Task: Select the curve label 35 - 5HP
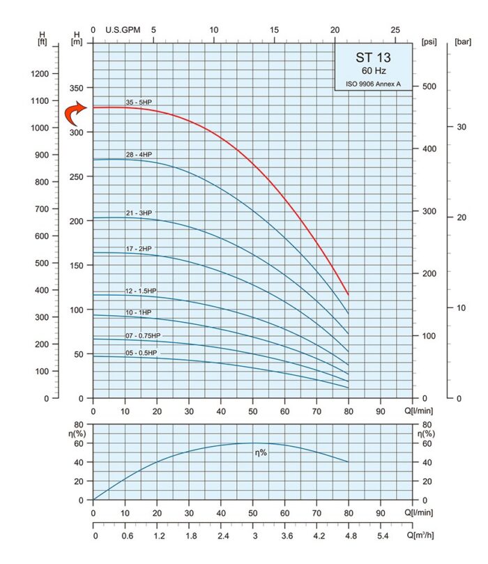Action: coord(138,102)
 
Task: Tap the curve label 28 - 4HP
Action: coord(138,154)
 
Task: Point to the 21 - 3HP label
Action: coord(138,213)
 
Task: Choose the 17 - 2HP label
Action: coord(138,248)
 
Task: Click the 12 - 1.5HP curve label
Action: coord(141,290)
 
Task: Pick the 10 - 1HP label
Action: coord(138,312)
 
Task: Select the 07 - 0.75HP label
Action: coord(142,335)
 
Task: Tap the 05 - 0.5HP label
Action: coord(141,353)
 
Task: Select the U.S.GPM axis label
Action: coord(122,30)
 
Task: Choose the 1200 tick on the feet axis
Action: coord(40,74)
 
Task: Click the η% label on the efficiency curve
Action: coord(260,452)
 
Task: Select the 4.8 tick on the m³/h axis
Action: coord(349,537)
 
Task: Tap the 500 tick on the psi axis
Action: coord(430,86)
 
